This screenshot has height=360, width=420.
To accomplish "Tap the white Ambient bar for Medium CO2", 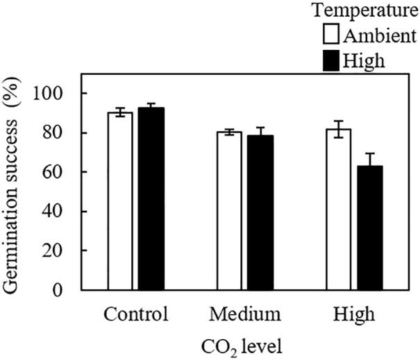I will (229, 210).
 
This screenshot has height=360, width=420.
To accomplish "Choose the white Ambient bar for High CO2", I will (339, 209).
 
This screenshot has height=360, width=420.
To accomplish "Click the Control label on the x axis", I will (136, 314).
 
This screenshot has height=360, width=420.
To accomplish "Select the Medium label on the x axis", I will (245, 314).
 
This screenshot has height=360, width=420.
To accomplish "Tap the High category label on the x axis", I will (354, 314).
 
